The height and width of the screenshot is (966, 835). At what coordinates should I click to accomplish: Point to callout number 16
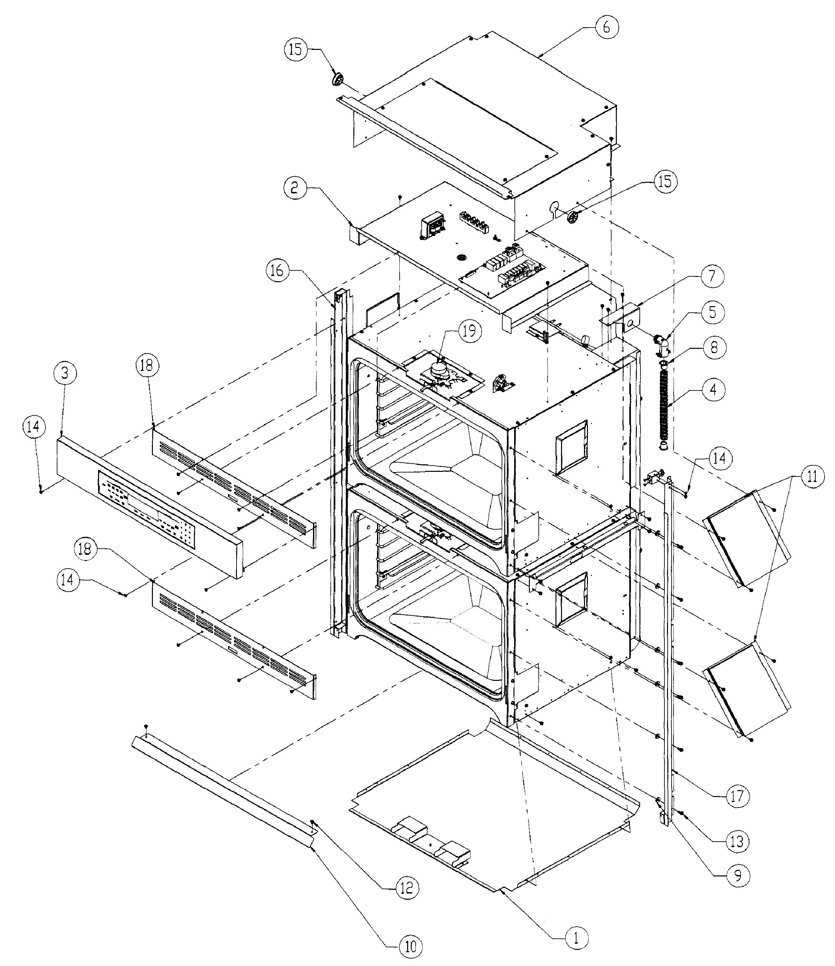click(x=277, y=270)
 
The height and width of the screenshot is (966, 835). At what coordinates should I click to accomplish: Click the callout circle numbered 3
click(x=65, y=373)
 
